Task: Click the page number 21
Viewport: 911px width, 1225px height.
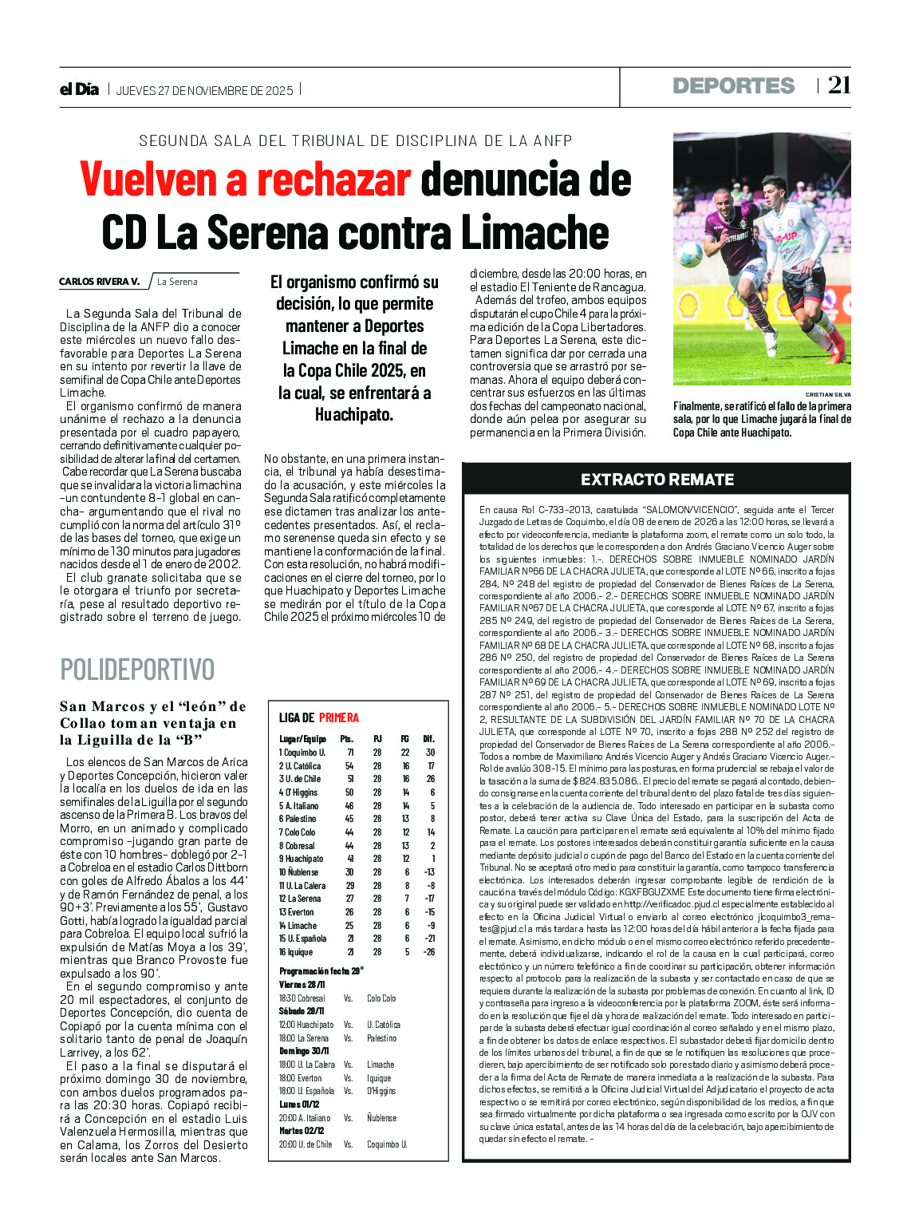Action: (838, 85)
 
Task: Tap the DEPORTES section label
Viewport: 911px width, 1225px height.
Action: (733, 86)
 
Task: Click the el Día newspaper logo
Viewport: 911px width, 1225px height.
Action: (79, 89)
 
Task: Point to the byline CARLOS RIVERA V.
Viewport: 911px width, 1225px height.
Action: (99, 282)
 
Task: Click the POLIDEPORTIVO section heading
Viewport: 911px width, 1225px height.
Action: (137, 669)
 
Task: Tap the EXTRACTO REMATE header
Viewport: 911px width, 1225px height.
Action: (657, 480)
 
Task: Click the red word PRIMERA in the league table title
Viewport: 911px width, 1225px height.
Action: (339, 717)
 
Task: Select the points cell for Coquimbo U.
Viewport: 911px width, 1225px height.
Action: (349, 753)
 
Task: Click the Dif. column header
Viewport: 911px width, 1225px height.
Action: (428, 739)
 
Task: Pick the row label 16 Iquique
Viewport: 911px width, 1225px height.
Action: (296, 952)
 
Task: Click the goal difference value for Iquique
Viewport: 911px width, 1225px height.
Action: (428, 952)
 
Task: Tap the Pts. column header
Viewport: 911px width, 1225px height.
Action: (346, 739)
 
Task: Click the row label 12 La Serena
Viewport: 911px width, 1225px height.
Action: (300, 899)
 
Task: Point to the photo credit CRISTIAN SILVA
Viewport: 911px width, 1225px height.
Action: (827, 395)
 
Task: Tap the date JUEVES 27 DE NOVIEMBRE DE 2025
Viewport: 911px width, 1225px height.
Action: (204, 91)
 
